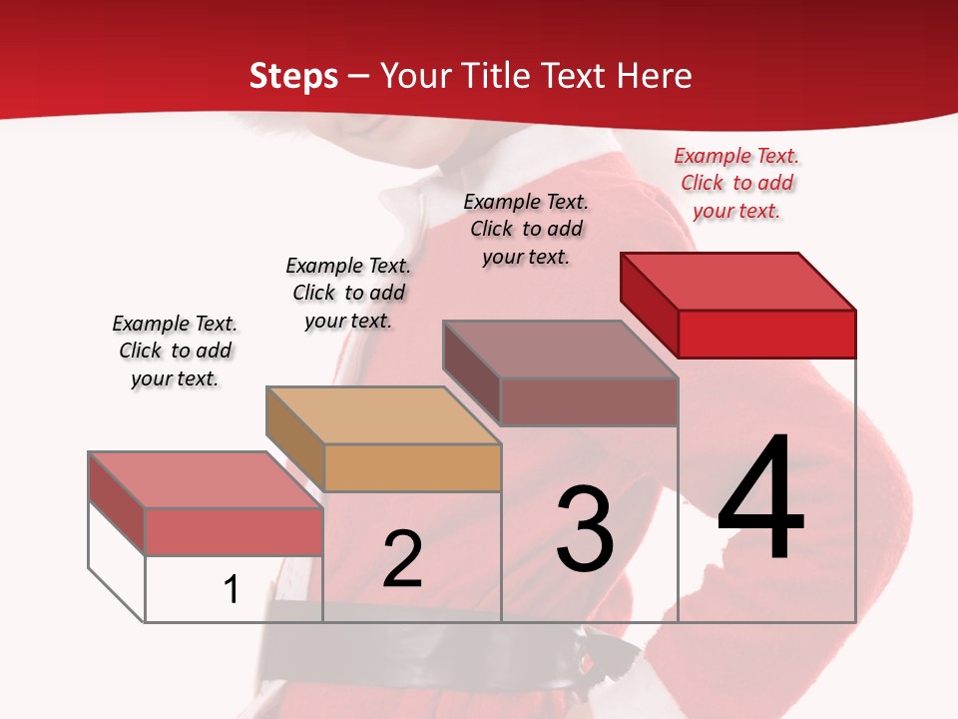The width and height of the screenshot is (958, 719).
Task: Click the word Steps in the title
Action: pyautogui.click(x=293, y=76)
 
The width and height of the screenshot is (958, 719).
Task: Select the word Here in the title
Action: pyautogui.click(x=655, y=76)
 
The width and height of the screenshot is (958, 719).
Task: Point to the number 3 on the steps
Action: pyautogui.click(x=584, y=528)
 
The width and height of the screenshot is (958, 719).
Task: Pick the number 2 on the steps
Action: pyautogui.click(x=402, y=559)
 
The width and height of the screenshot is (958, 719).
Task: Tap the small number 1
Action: pyautogui.click(x=232, y=590)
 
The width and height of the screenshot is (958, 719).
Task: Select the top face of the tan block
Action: pyautogui.click(x=383, y=414)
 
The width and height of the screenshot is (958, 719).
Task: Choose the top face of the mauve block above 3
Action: pyautogui.click(x=561, y=349)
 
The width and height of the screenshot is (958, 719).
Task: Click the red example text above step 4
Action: pyautogui.click(x=736, y=184)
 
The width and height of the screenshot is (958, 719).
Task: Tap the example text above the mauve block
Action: pyautogui.click(x=526, y=229)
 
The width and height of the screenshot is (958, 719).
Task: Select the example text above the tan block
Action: pyautogui.click(x=348, y=293)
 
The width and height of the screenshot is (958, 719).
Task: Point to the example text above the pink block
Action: pyautogui.click(x=175, y=351)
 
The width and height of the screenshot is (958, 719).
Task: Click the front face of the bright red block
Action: pyautogui.click(x=766, y=334)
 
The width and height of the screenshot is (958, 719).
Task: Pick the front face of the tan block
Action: pyautogui.click(x=412, y=467)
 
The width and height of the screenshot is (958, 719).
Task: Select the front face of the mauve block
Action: pyautogui.click(x=589, y=401)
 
